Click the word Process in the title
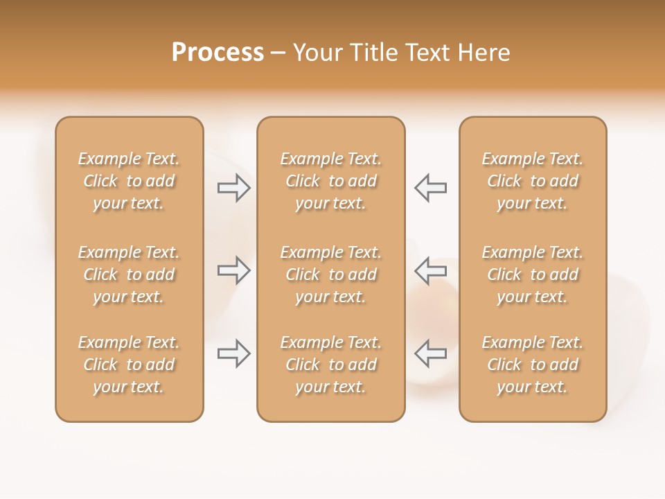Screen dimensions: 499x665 (x=218, y=53)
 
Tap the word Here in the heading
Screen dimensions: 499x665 (x=484, y=53)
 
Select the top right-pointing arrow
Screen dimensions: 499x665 (x=234, y=187)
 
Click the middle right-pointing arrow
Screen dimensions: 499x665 (x=234, y=270)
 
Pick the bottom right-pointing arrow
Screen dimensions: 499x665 (x=234, y=353)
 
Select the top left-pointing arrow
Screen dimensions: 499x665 (x=430, y=187)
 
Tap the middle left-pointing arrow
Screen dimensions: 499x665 (x=430, y=270)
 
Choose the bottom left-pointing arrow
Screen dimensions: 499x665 (x=430, y=353)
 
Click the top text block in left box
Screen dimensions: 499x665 (x=129, y=181)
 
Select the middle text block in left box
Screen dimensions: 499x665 (x=129, y=274)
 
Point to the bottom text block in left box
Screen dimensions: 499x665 (x=129, y=365)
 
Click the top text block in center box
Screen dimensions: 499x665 (x=330, y=181)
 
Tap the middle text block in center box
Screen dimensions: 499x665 (x=330, y=274)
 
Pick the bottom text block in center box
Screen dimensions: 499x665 (x=330, y=365)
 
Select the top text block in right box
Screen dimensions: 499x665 (x=532, y=181)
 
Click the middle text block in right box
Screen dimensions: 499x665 (x=532, y=274)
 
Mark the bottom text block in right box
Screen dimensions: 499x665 (x=532, y=365)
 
